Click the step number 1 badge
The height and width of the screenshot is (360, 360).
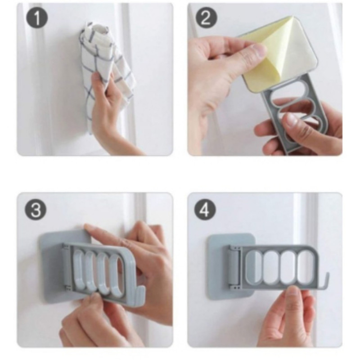pos(37,18)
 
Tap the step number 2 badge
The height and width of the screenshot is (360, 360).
pos(206,18)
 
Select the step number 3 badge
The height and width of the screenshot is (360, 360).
pos(35,209)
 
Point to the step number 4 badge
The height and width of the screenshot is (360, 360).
pos(205,209)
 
